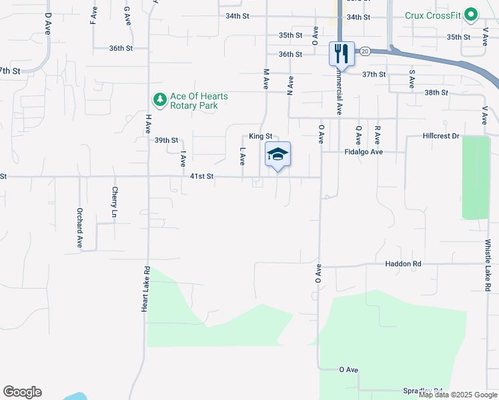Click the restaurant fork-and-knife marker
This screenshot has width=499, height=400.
click(x=342, y=53)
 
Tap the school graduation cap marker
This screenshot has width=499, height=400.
click(x=278, y=155)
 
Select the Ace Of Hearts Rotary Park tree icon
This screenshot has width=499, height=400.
click(x=159, y=101)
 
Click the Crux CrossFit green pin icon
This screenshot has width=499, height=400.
click(x=471, y=15)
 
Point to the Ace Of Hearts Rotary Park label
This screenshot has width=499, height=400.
click(x=199, y=101)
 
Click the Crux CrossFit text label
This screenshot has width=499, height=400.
click(x=434, y=15)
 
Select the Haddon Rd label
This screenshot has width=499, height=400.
click(x=403, y=264)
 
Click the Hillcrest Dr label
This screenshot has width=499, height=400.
click(x=442, y=136)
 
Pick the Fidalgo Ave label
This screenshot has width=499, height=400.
click(x=363, y=152)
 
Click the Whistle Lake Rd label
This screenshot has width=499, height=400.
click(x=488, y=265)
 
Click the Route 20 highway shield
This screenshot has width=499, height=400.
click(x=364, y=51)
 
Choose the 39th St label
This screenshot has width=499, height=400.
click(x=166, y=141)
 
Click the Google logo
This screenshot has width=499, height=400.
click(x=22, y=392)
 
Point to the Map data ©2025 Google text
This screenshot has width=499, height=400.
click(x=458, y=395)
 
